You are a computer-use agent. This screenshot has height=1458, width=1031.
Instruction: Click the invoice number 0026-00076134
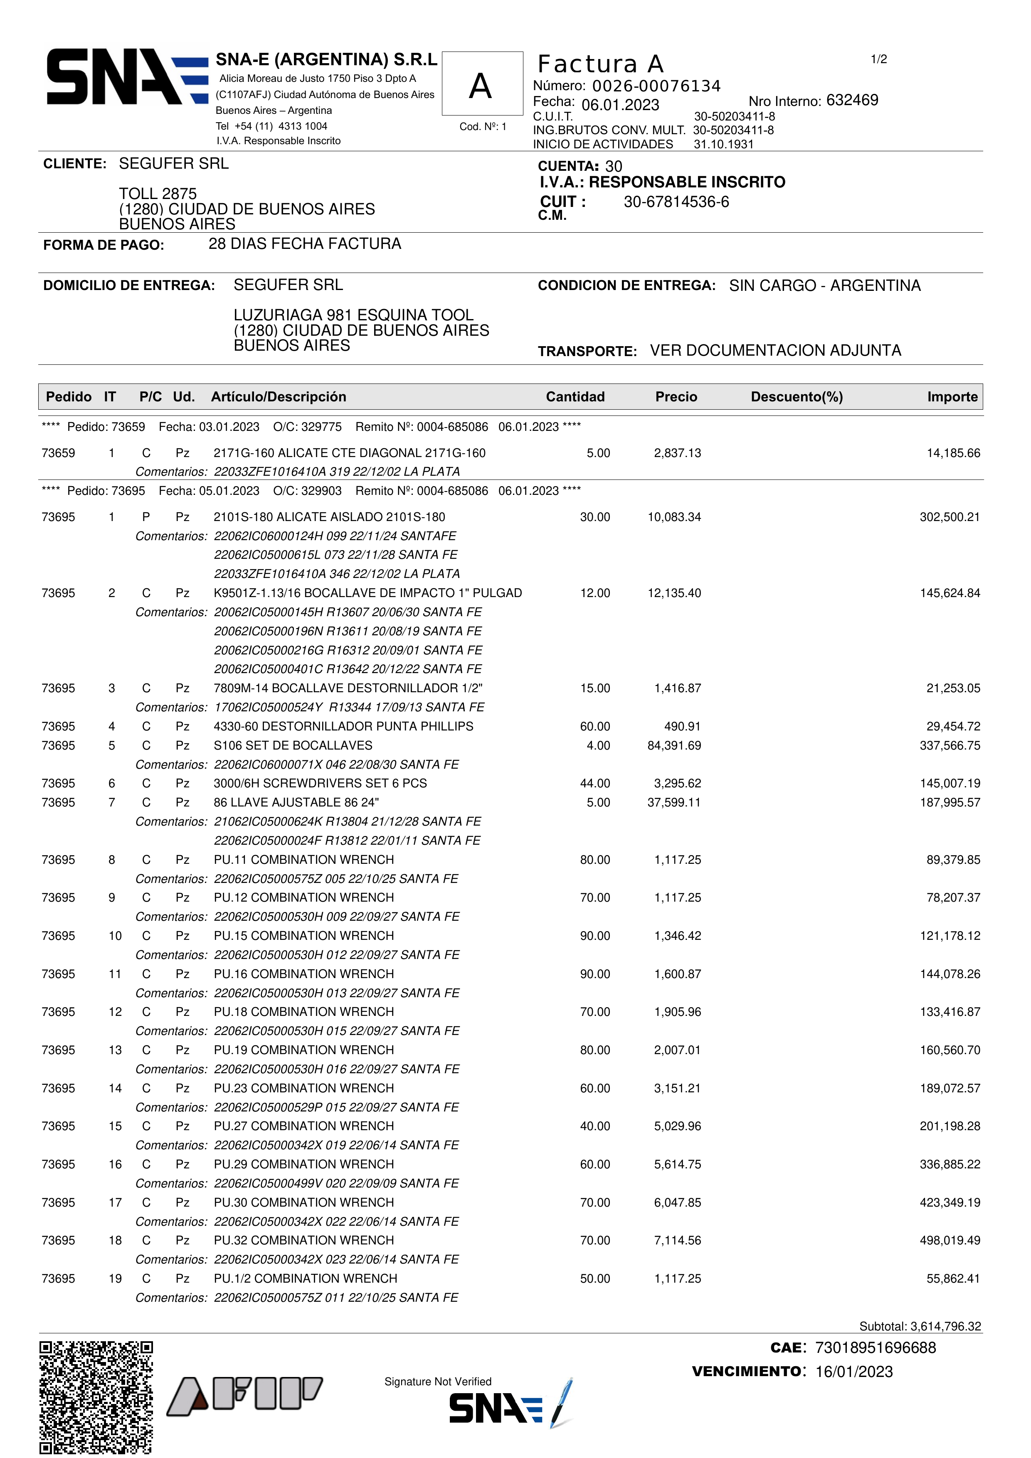(x=656, y=86)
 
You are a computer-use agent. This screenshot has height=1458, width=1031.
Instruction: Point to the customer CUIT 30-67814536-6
(x=676, y=202)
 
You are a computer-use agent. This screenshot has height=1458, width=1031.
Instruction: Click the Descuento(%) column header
(x=797, y=397)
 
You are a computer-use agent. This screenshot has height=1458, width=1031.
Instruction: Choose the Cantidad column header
(x=575, y=397)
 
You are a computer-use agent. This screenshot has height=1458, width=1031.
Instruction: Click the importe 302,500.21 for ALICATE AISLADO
(x=950, y=517)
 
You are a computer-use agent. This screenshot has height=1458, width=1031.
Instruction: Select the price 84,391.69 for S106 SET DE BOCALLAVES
(x=674, y=745)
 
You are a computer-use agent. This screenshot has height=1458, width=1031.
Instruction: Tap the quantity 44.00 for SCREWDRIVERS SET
(x=594, y=784)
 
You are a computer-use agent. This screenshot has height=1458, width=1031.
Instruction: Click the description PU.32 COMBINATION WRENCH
(x=303, y=1240)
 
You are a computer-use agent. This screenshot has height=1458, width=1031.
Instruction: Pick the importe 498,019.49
(x=950, y=1240)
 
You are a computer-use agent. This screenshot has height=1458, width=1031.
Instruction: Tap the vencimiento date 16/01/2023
(x=854, y=1372)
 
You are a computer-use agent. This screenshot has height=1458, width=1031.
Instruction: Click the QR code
(x=96, y=1397)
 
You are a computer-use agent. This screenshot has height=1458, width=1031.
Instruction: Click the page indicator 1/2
(x=878, y=60)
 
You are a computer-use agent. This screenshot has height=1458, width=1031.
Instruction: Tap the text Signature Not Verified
(x=438, y=1382)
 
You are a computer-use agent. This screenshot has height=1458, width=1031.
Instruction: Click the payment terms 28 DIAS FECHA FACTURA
(x=304, y=244)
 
